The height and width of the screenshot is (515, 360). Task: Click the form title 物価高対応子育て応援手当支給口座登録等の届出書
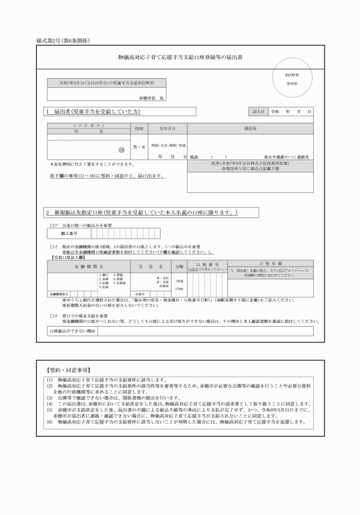point(180,58)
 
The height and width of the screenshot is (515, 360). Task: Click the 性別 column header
point(138,128)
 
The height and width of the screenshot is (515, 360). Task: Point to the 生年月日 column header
point(167,128)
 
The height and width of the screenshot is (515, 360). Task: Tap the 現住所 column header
point(250,128)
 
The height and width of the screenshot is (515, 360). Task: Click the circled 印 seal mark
point(121,151)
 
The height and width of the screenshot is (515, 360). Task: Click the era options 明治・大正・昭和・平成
point(168,138)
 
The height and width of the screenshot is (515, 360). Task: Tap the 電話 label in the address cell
point(194,156)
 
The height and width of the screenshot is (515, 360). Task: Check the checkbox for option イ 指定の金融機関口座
point(51,247)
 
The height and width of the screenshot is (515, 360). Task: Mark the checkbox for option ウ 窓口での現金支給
point(51,316)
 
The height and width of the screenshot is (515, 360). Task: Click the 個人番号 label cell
point(69,234)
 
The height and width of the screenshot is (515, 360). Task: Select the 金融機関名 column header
point(88,267)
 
